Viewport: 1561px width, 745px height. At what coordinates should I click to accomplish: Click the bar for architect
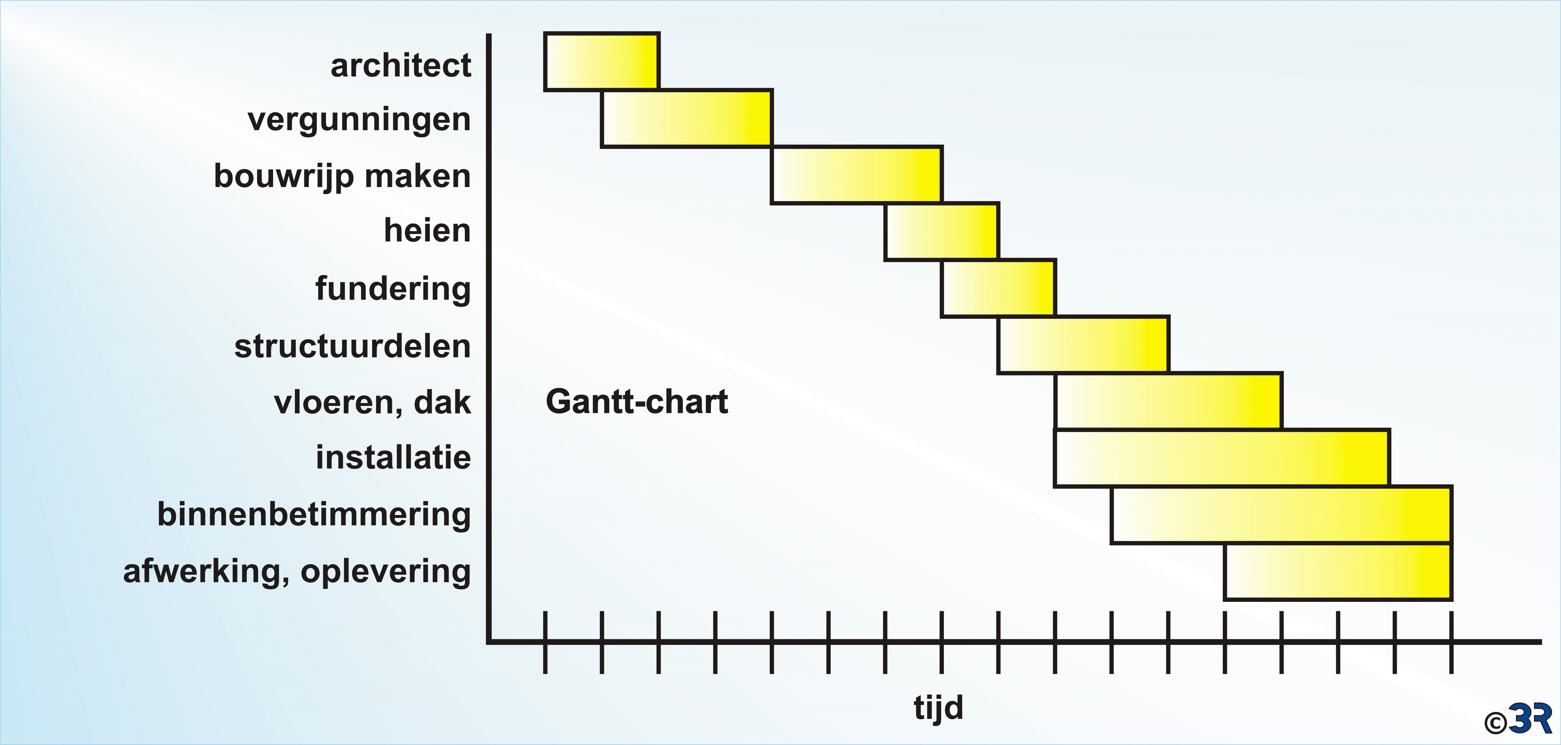602,61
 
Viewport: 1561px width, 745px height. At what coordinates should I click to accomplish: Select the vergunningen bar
687,118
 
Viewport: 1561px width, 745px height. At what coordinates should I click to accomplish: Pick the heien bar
942,232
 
